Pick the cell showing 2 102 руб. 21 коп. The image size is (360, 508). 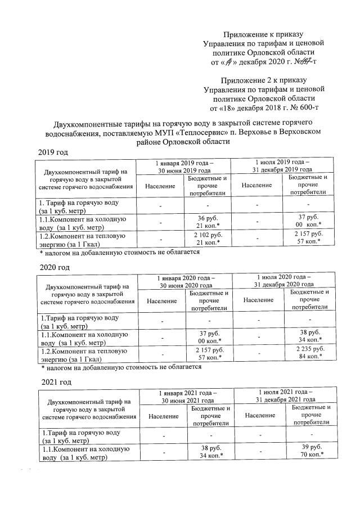click(208, 239)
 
